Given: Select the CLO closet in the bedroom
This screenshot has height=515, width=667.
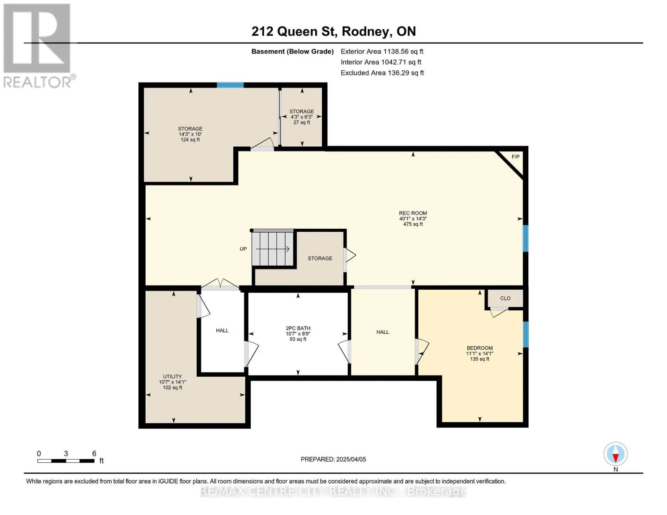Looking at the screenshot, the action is [505, 298].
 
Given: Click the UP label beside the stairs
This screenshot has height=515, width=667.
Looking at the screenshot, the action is [243, 249].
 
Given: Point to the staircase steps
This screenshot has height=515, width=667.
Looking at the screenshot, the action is [273, 248].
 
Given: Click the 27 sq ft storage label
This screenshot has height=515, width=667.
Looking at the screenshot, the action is [302, 117].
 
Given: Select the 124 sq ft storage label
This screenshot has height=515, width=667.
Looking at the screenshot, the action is [190, 134].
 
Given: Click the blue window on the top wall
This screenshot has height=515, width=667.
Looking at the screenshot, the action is [230, 85].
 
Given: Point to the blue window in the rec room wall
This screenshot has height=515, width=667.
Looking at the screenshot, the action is [526, 238].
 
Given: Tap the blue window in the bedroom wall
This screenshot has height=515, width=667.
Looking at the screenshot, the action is [526, 334].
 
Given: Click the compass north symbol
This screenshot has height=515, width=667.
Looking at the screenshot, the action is [615, 454].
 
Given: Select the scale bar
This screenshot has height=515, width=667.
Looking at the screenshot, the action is [66, 460].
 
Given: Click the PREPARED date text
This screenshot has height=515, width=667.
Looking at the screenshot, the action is [333, 459].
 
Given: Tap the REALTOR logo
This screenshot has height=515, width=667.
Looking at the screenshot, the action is [38, 46].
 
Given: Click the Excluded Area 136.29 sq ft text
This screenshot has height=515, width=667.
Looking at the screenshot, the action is [382, 73].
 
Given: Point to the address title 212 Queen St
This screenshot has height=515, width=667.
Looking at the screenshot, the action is [334, 31].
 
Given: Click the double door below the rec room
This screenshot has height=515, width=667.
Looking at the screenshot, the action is [220, 284].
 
